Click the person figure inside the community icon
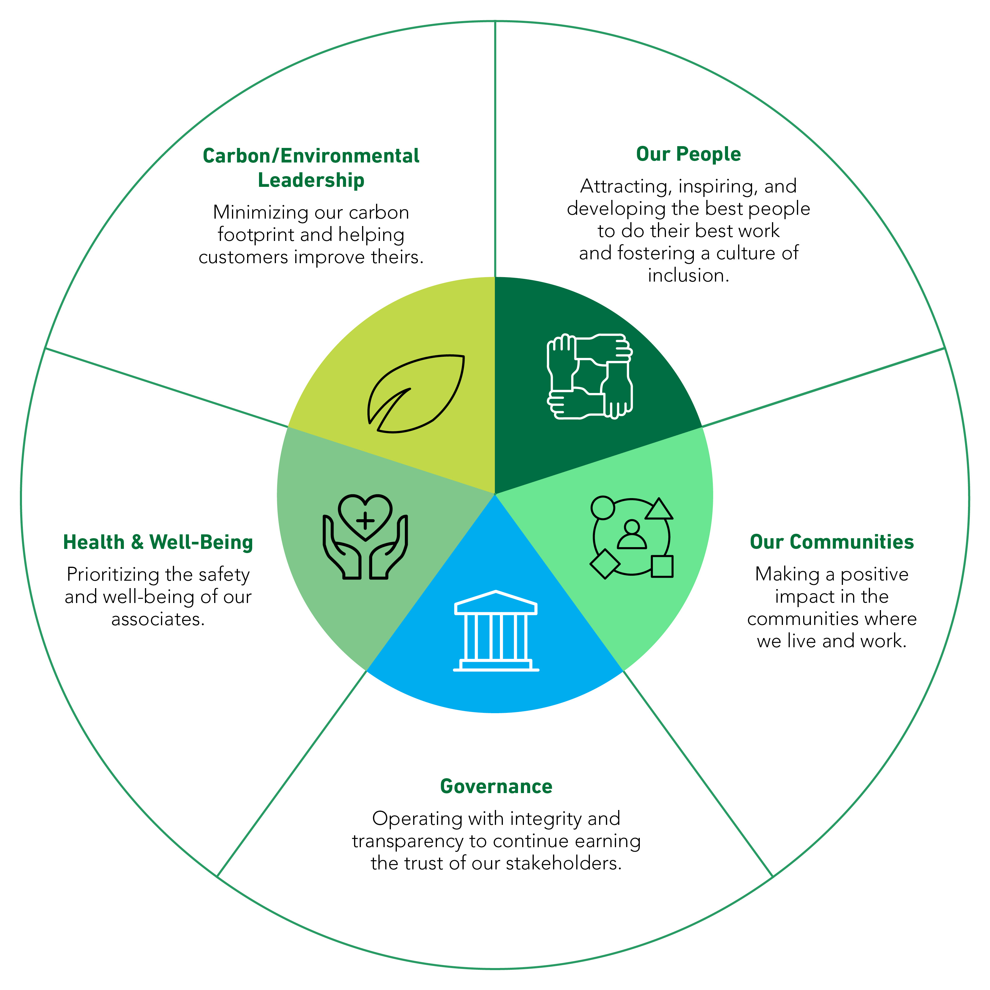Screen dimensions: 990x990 click(x=632, y=536)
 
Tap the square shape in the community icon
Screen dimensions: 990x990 click(x=662, y=566)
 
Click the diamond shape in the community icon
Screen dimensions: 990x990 click(x=605, y=564)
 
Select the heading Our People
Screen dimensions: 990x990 click(x=688, y=154)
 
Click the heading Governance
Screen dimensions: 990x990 click(x=496, y=787)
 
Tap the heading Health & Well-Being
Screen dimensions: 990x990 click(x=158, y=542)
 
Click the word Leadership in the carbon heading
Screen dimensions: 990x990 click(x=311, y=180)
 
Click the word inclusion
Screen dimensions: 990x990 click(x=688, y=276)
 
